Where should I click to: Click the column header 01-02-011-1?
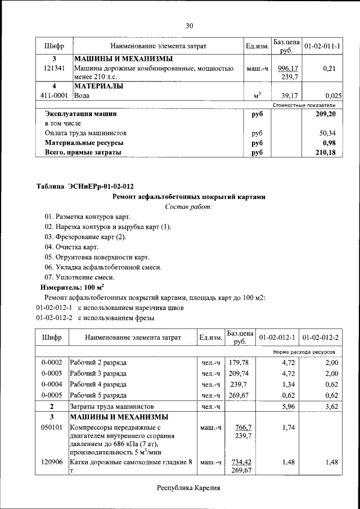[x=322, y=45]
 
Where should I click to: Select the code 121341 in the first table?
[x=54, y=68]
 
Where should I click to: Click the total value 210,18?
[x=326, y=152]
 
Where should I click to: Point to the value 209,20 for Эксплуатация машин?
[x=326, y=114]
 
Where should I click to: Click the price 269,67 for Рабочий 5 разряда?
[x=239, y=395]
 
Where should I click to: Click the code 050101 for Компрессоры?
[x=52, y=428]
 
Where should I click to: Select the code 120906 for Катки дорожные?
[x=52, y=462]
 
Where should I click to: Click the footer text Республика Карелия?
[x=188, y=488]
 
